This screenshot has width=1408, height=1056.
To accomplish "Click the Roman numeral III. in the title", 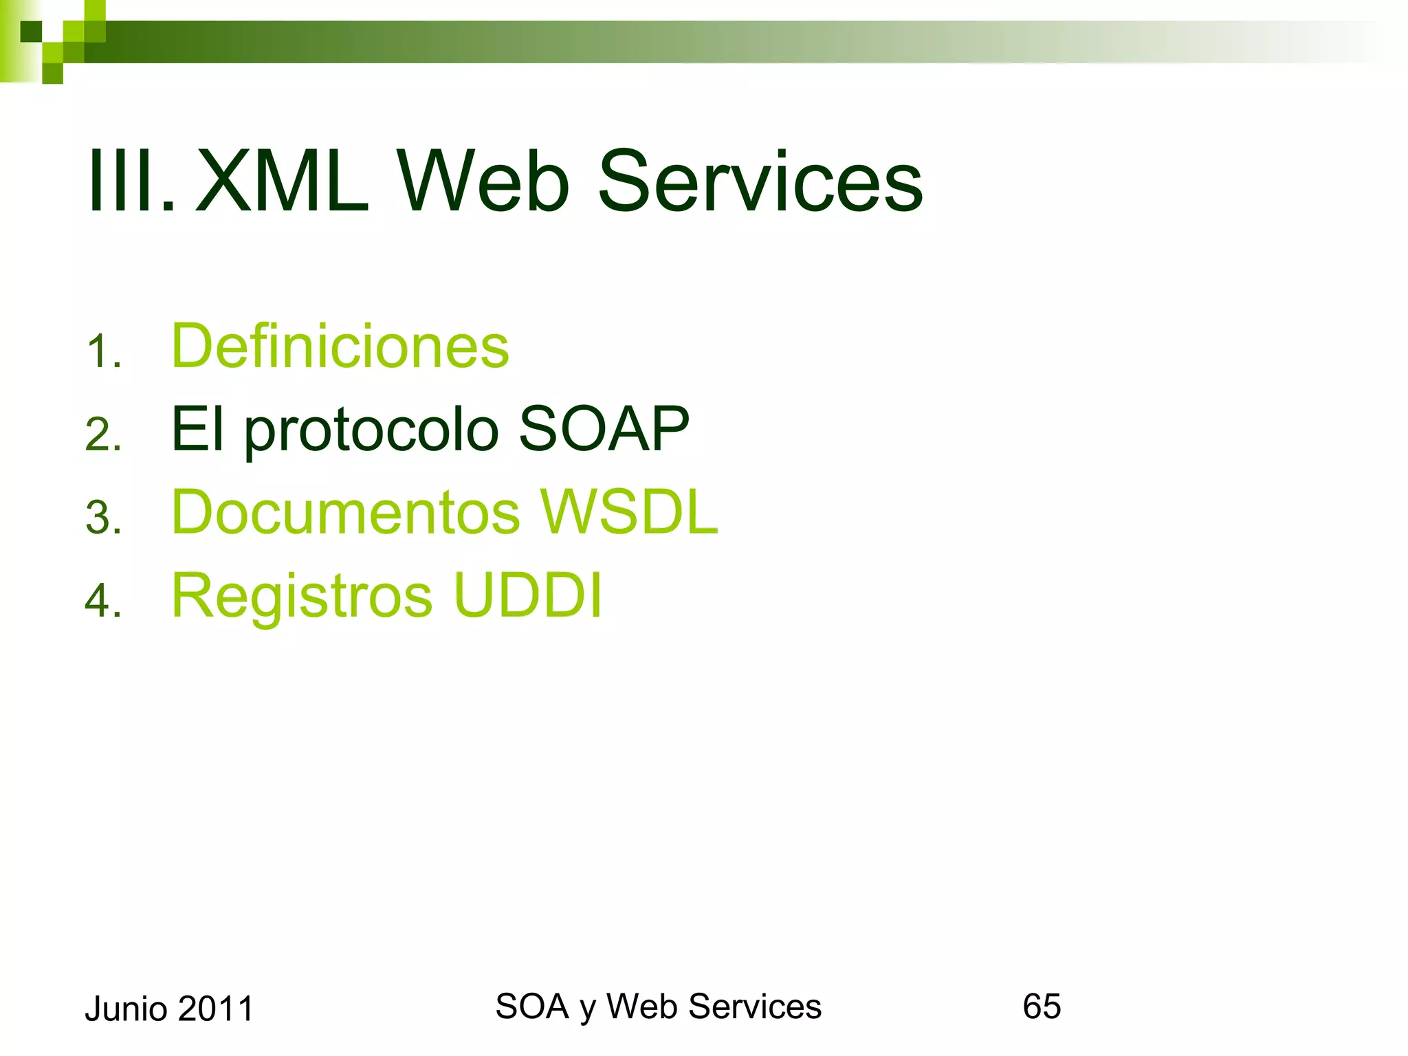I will [x=131, y=183].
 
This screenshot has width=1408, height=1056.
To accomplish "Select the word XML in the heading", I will [x=283, y=183].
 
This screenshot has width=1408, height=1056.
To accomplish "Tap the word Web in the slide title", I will [x=485, y=183].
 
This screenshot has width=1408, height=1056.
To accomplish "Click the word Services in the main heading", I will [x=760, y=183].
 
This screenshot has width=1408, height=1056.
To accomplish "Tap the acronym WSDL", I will [x=628, y=511].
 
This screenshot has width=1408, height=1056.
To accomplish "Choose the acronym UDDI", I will [x=527, y=595].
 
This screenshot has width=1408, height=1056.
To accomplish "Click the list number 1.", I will [x=104, y=352].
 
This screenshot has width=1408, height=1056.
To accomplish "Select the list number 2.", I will [x=104, y=435].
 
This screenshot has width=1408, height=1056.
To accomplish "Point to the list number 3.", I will [x=104, y=518].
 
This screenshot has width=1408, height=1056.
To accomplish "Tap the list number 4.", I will [x=104, y=600].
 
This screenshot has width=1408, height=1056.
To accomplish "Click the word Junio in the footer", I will [x=126, y=1009].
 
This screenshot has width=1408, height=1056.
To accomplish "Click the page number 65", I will [x=1042, y=1006].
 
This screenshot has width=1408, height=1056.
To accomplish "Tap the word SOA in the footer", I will [x=532, y=1006].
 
